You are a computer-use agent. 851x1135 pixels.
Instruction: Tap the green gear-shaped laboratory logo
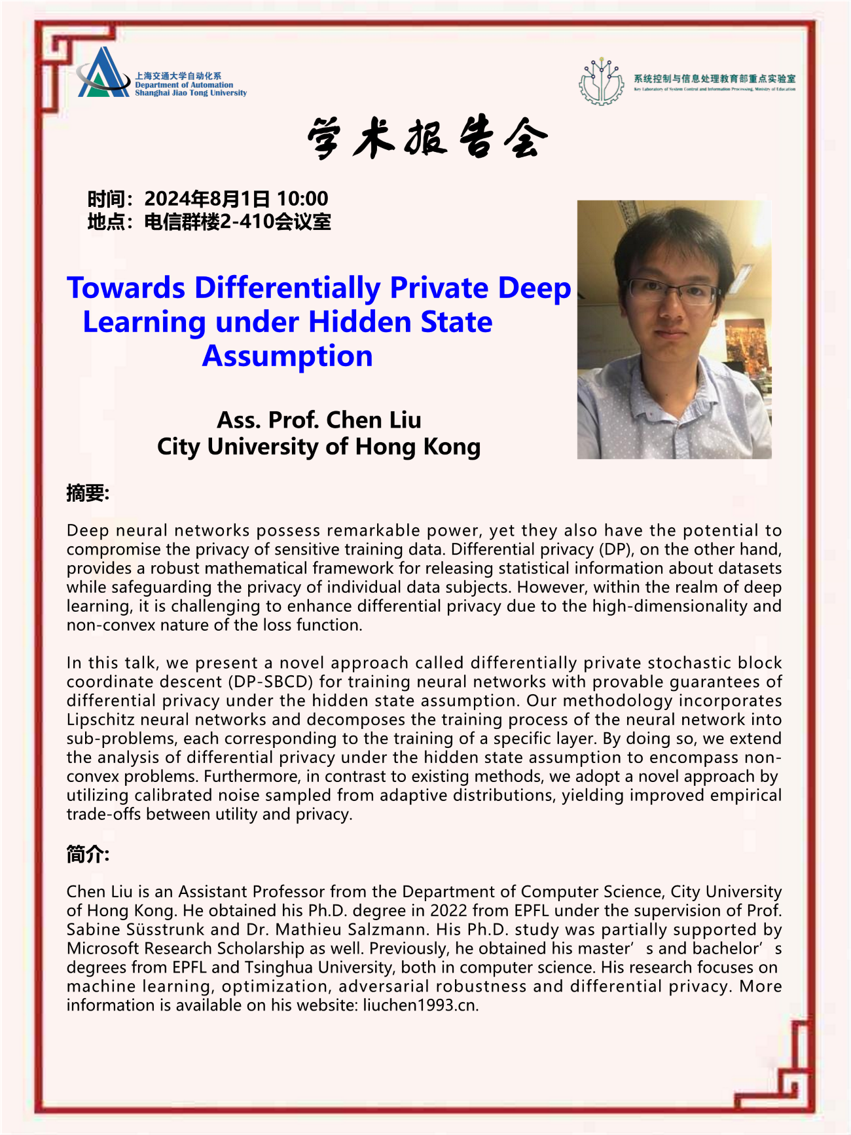point(601,82)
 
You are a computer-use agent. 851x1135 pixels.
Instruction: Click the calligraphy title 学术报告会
point(426,138)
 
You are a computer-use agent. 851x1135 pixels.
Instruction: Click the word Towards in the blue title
point(126,288)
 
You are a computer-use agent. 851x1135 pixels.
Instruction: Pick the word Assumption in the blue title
point(287,356)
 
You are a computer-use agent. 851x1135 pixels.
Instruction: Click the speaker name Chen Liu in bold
point(373,420)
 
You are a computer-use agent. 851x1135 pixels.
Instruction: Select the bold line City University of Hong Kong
point(319,447)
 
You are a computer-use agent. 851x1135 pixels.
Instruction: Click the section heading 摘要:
point(88,493)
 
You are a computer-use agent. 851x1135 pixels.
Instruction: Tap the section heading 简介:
point(88,854)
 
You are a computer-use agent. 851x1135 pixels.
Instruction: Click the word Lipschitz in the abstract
point(101,720)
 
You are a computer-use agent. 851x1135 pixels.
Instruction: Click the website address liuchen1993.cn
point(420,1005)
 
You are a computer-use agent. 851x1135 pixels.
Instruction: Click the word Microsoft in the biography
point(103,948)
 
